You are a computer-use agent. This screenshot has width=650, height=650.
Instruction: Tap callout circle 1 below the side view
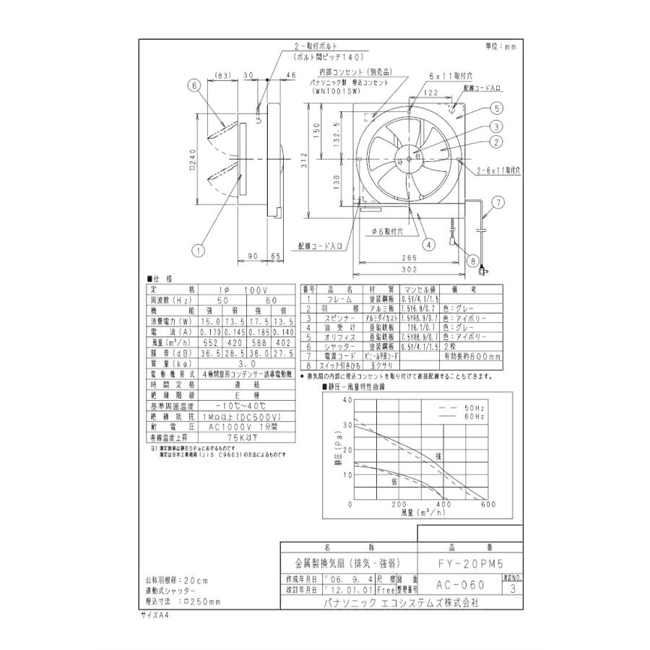point(196,251)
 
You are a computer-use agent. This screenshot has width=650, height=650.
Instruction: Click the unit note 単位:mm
point(501,47)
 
